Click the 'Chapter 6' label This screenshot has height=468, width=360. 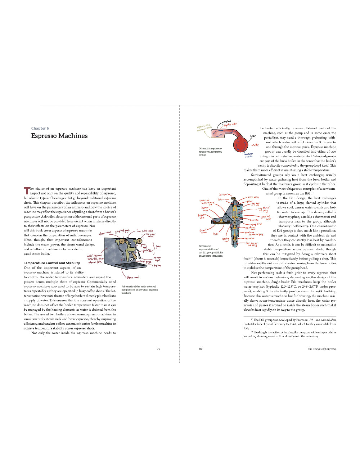(x=40, y=128)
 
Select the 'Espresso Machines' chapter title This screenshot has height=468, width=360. (x=59, y=136)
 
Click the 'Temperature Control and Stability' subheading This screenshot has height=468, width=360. (x=52, y=263)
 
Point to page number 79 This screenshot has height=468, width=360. (x=158, y=348)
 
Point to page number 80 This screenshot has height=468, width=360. (x=201, y=348)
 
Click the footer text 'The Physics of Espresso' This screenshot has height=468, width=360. (x=321, y=348)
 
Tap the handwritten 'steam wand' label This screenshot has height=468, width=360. (x=133, y=277)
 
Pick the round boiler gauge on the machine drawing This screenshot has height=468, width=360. (x=132, y=259)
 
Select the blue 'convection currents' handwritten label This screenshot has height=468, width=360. (x=248, y=155)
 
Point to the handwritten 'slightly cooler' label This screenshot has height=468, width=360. (x=230, y=124)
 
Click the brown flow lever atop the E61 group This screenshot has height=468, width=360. (x=234, y=198)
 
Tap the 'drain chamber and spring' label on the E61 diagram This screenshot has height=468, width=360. (x=252, y=244)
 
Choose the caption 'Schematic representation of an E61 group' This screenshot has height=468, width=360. (x=211, y=251)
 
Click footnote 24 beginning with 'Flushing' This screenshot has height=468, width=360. (x=290, y=334)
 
